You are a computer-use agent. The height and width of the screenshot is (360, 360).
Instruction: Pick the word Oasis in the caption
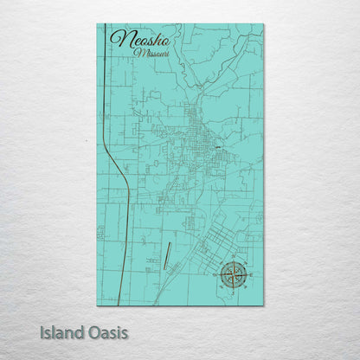tap(108, 332)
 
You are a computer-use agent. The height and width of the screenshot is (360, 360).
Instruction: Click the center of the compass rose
tap(232, 274)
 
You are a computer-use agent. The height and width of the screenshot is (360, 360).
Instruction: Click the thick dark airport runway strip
tap(164, 254)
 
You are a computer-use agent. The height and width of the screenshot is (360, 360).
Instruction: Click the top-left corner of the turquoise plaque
tap(97, 24)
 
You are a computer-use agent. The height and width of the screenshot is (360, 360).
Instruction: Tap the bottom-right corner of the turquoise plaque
tap(263, 305)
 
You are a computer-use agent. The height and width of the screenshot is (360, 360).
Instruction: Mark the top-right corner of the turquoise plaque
tap(263, 24)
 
